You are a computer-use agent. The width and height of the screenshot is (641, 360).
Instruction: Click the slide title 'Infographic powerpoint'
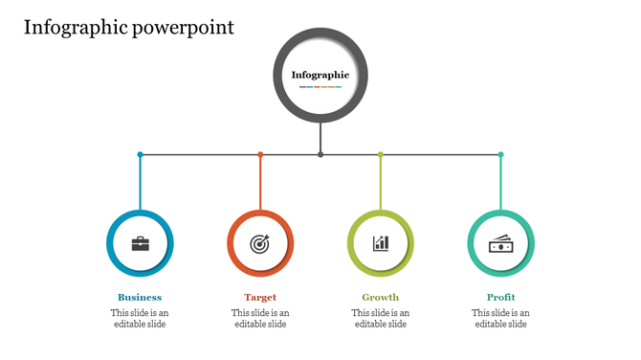point(129,27)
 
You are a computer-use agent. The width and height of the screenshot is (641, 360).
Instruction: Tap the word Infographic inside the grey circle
point(320,74)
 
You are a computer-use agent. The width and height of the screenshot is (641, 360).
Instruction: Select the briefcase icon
point(140,243)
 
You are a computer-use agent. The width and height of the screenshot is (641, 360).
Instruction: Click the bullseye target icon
point(260,243)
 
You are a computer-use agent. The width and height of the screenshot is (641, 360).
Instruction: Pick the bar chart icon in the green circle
point(381,243)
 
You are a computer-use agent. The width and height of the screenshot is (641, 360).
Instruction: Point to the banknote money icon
point(500,243)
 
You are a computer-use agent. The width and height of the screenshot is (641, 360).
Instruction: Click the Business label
point(140,297)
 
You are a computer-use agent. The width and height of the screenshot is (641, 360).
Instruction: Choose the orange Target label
point(260,297)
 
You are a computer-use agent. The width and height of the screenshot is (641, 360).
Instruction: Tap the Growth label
point(381,297)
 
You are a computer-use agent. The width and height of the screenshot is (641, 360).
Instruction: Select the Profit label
point(500,297)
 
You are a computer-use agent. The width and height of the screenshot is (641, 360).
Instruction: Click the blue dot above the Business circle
point(140,154)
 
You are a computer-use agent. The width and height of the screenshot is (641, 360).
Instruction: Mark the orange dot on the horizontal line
point(260,154)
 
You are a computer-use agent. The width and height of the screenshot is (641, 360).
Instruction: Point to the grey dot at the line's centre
point(320,154)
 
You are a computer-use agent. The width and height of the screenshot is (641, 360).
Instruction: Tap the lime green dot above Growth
point(381,154)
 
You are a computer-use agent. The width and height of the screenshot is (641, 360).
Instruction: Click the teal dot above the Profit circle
point(500,154)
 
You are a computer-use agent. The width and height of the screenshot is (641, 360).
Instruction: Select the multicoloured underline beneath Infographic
point(320,87)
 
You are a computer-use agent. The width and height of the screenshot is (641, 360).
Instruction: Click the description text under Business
point(140,318)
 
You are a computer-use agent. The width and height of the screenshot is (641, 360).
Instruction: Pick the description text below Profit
point(500,318)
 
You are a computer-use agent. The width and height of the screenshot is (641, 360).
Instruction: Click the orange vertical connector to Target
point(260,182)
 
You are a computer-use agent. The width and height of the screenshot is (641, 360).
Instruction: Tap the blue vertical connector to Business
point(140,182)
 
